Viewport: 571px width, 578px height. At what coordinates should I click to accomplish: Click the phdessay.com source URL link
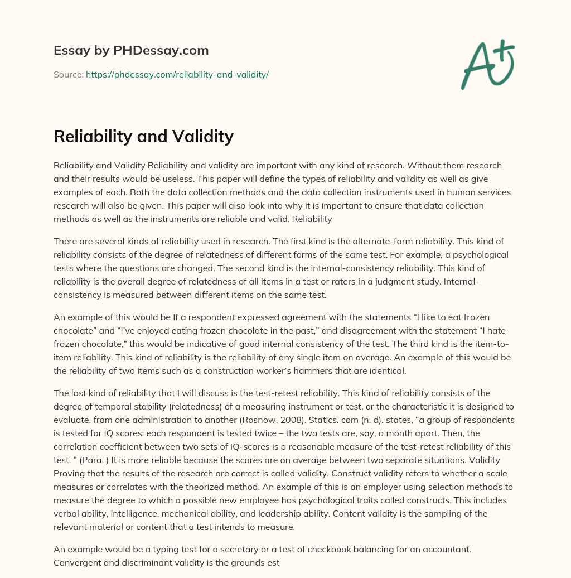[177, 74]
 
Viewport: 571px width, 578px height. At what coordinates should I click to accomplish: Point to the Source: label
[69, 74]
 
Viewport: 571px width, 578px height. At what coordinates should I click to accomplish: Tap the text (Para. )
[99, 460]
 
